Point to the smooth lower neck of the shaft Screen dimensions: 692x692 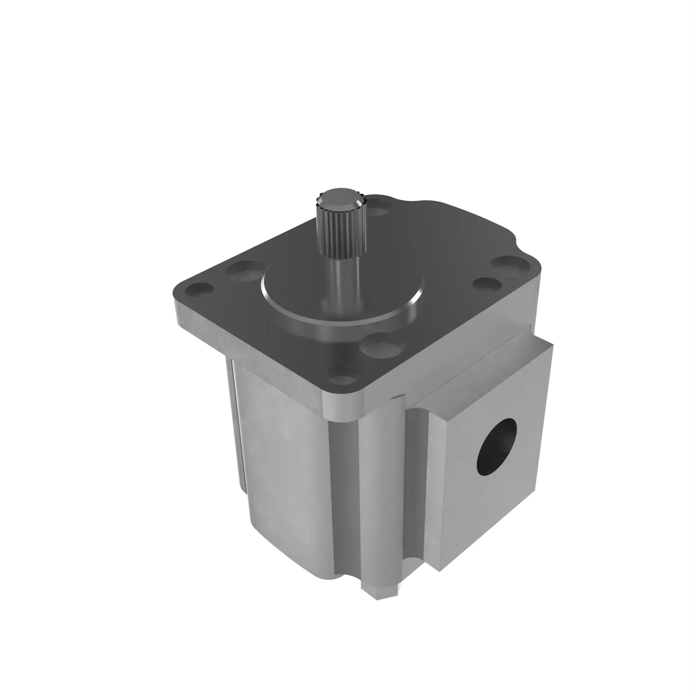[x=340, y=283]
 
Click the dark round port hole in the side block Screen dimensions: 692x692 [x=497, y=447]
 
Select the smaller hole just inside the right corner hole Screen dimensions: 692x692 [x=487, y=284]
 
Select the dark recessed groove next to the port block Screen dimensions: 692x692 [x=417, y=501]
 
